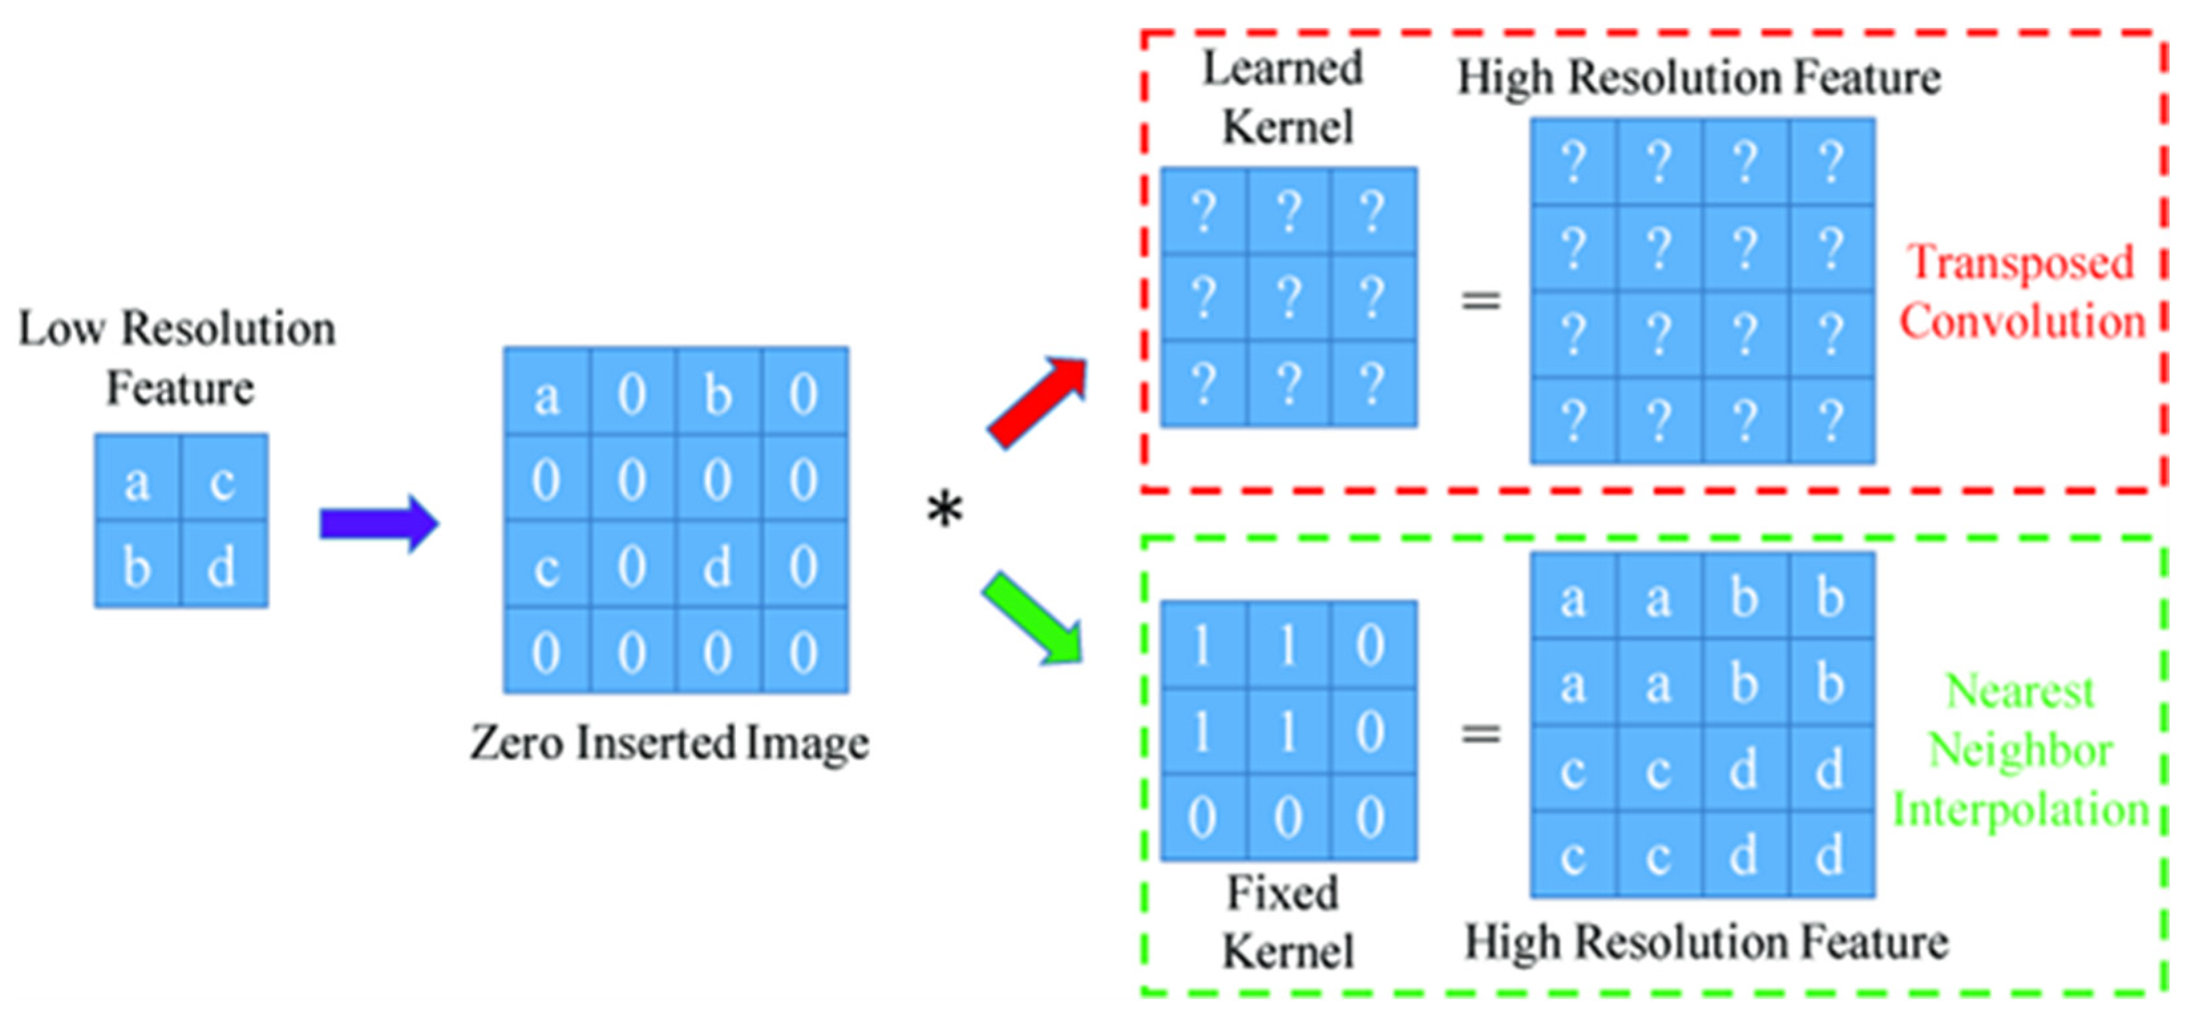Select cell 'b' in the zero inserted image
(718, 394)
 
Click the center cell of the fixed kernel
(1288, 731)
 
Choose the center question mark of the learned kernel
(1288, 298)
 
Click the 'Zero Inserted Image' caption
(669, 743)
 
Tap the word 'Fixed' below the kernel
(1282, 893)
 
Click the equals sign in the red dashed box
(1481, 300)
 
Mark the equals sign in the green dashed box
(1481, 734)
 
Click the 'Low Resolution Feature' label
(178, 357)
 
